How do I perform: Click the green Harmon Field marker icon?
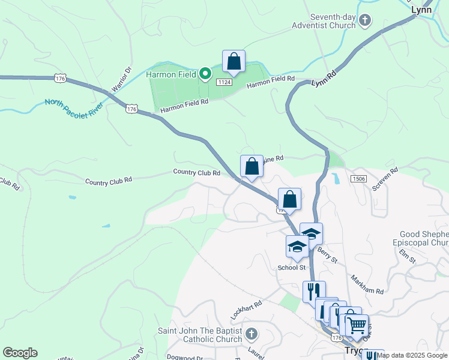coord(205,74)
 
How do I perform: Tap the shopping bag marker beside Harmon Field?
coord(234,62)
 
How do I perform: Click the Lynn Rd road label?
coord(323,79)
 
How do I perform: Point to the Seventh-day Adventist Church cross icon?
coord(365,22)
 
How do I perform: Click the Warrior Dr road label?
coord(120,80)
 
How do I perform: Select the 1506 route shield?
coord(359,179)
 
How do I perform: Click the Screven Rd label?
coord(385,179)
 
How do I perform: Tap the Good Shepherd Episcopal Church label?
coord(424,238)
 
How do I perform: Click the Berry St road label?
coord(327,254)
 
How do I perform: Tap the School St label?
coord(291,267)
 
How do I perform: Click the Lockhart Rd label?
coord(246,310)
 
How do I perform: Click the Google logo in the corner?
coord(20,352)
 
